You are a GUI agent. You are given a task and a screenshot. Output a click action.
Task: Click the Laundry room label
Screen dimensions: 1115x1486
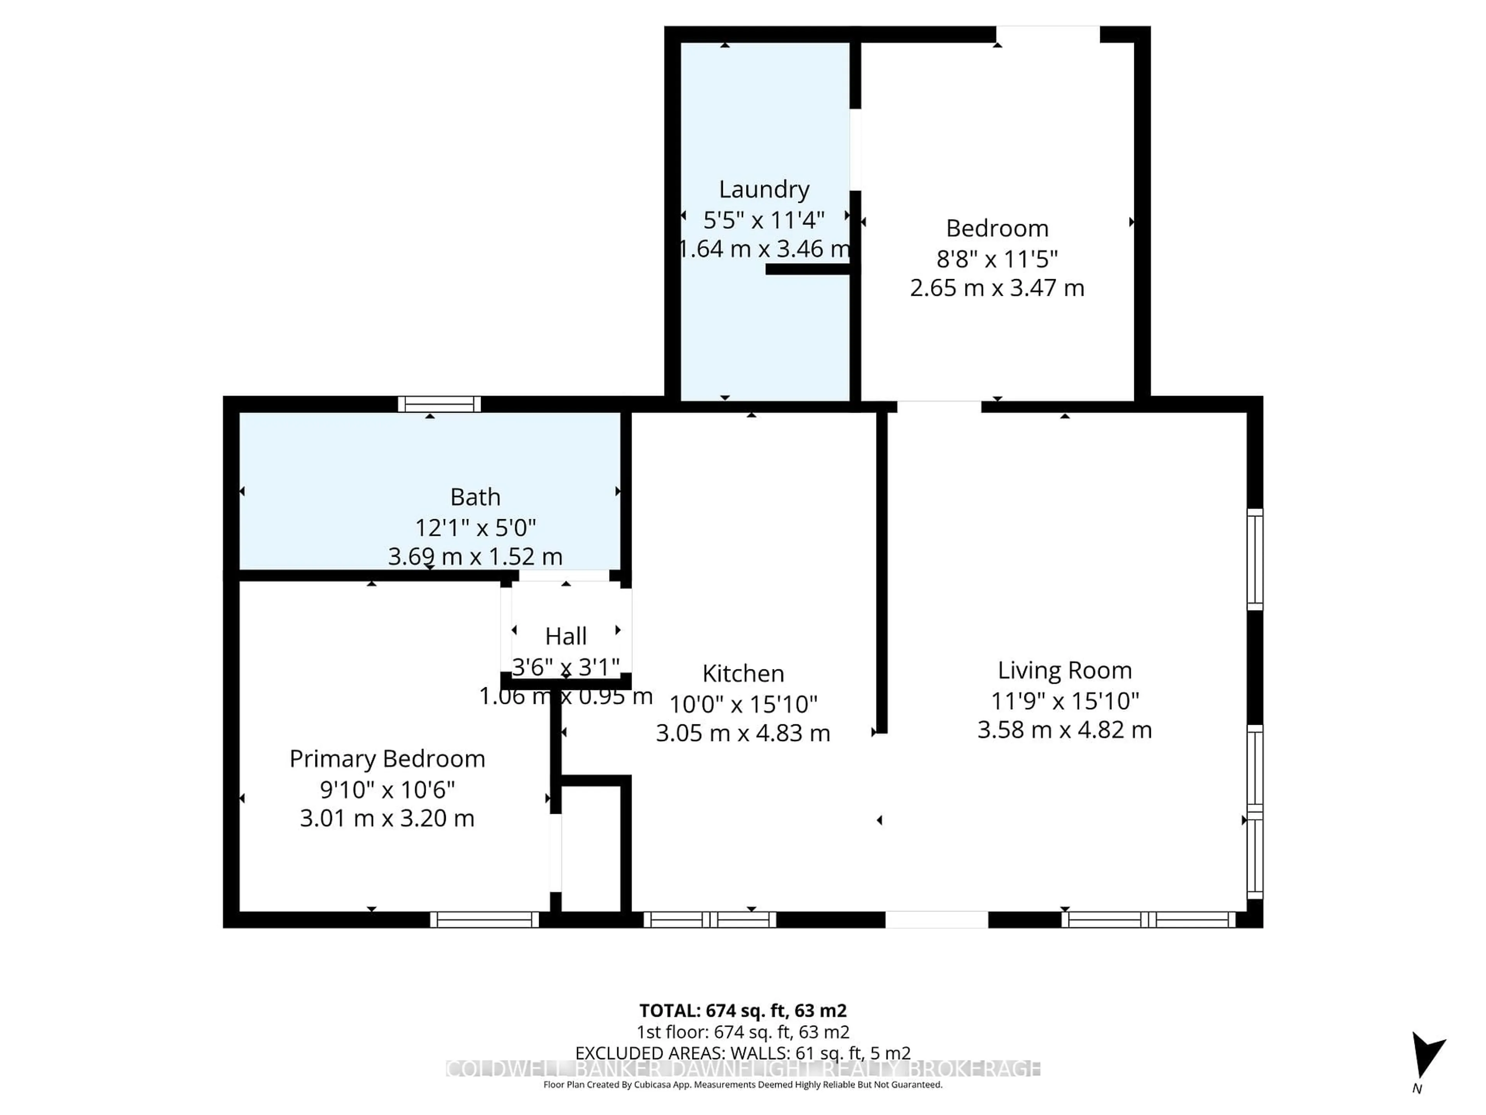coord(764,190)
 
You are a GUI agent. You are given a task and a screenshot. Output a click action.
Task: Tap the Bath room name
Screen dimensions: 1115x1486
coord(475,497)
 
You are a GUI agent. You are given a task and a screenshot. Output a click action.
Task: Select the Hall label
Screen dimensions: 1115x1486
coord(566,636)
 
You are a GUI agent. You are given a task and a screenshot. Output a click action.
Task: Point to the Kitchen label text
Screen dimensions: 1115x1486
coord(743,673)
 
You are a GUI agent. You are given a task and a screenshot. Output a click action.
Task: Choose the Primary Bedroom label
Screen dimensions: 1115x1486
coord(387,759)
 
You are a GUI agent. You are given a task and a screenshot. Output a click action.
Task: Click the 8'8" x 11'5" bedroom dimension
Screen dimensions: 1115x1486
coord(997,258)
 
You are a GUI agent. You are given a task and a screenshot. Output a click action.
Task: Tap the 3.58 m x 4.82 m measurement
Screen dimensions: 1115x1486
coord(1064,730)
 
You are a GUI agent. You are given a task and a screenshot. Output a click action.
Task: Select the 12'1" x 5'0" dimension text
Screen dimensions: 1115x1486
coord(475,528)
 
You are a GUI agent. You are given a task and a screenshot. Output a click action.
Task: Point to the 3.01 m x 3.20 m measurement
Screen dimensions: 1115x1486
coord(387,818)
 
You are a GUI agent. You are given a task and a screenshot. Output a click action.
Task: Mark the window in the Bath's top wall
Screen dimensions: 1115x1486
coord(439,404)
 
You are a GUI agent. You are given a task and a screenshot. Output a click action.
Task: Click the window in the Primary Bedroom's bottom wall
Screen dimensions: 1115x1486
coord(484,919)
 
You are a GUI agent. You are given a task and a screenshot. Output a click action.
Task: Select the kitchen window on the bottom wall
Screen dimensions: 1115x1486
coord(710,919)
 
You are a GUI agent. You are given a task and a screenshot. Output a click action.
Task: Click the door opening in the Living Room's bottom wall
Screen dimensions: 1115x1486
coord(936,919)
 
